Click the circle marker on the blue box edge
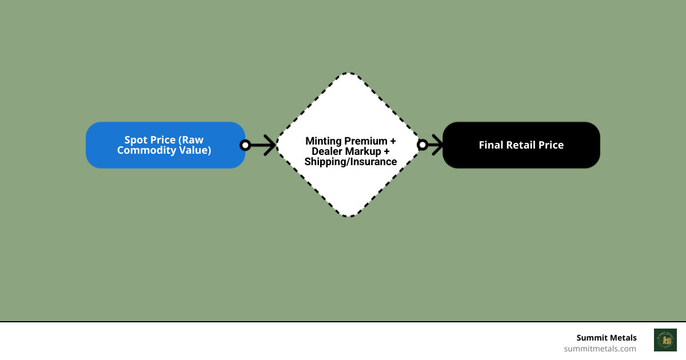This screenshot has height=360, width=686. pos(245,145)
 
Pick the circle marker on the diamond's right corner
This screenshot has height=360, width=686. pos(422,145)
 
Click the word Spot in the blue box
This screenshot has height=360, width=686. pos(135,140)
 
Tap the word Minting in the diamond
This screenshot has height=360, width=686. pos(324,141)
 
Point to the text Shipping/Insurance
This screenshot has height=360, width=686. pos(350,162)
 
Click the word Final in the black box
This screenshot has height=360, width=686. pos(491,145)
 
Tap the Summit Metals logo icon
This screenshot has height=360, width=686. pos(665,340)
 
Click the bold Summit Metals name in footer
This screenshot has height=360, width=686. pos(606,338)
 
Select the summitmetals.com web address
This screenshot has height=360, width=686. pos(600,349)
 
